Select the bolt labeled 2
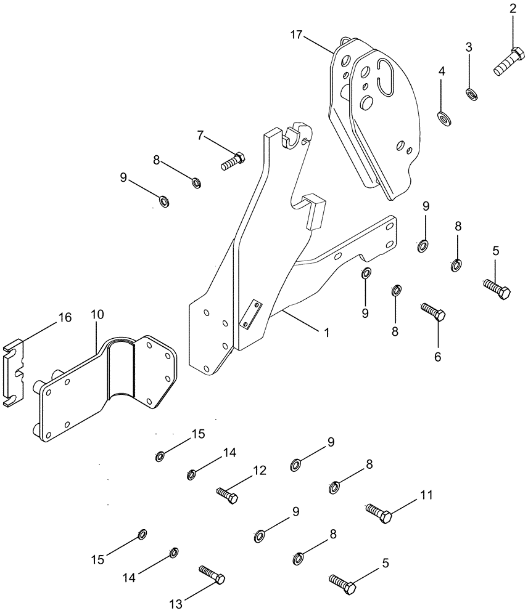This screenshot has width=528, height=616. tap(508, 62)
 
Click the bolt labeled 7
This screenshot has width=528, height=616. tap(232, 161)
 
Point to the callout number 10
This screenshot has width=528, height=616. tap(97, 315)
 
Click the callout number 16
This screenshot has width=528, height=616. tap(65, 318)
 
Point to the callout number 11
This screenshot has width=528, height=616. tap(427, 495)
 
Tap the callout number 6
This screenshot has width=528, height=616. tap(439, 357)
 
